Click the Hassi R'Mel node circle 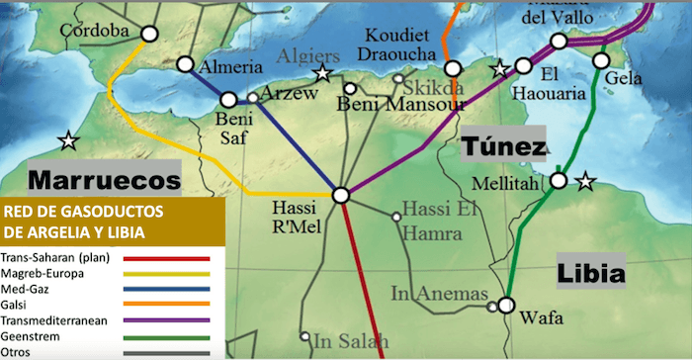pos(341,196)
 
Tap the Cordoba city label pos(95,31)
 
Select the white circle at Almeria pos(185,65)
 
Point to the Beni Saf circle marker pos(229,99)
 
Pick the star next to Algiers pos(321,73)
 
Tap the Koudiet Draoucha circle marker pos(453,69)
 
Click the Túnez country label pos(503,147)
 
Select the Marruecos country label pos(105,181)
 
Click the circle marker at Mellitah pos(559,180)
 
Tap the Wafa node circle pos(507,305)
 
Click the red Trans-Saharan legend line pos(166,258)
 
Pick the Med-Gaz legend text pos(31,289)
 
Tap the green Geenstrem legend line pos(166,336)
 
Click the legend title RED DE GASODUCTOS pos(82,212)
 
